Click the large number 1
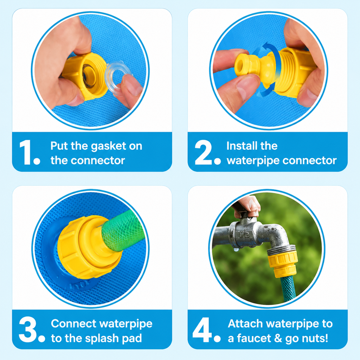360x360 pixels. coord(26,152)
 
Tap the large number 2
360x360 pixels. coord(204,152)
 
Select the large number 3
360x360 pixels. coord(28,329)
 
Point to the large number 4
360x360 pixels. coord(202,329)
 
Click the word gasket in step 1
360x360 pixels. coord(109,147)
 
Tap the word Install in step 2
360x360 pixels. coord(241,146)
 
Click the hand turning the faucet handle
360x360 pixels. coord(247,205)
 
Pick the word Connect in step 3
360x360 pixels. coord(74,324)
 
